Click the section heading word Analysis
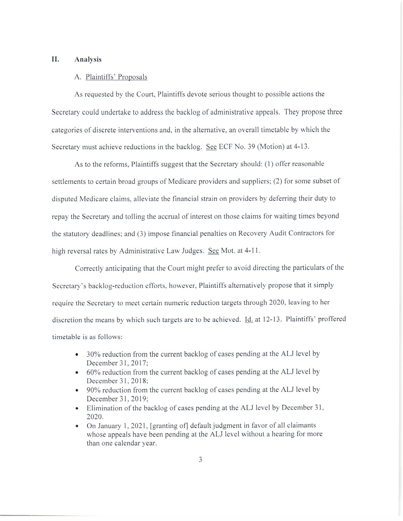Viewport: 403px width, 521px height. click(x=88, y=59)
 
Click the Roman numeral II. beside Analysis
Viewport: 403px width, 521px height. click(x=55, y=59)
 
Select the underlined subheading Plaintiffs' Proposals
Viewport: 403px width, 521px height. click(x=116, y=77)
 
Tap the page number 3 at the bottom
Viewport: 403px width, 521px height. click(x=200, y=459)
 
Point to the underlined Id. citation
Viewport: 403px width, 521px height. click(x=249, y=320)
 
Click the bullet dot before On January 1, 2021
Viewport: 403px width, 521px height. click(x=77, y=426)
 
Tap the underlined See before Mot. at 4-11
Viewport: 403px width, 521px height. click(x=213, y=251)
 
